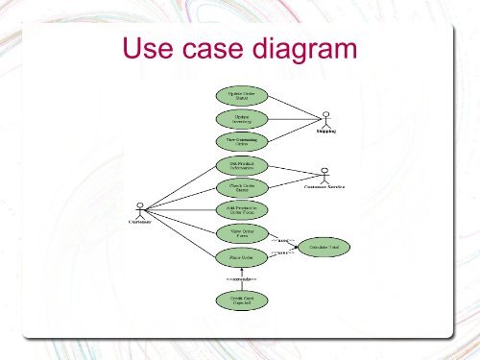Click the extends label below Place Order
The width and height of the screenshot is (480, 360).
(x=241, y=279)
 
